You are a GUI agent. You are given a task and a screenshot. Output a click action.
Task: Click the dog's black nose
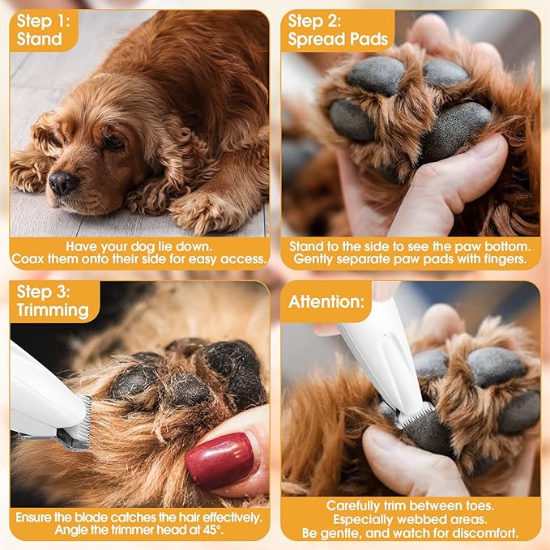[x=64, y=182]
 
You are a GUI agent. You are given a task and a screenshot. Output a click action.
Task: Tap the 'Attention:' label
[x=326, y=302]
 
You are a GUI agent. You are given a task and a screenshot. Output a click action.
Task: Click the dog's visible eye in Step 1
[x=113, y=142]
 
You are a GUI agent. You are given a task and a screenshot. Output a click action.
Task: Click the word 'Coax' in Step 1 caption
[x=29, y=259]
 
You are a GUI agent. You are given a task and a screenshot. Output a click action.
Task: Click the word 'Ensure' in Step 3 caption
[x=36, y=515]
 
